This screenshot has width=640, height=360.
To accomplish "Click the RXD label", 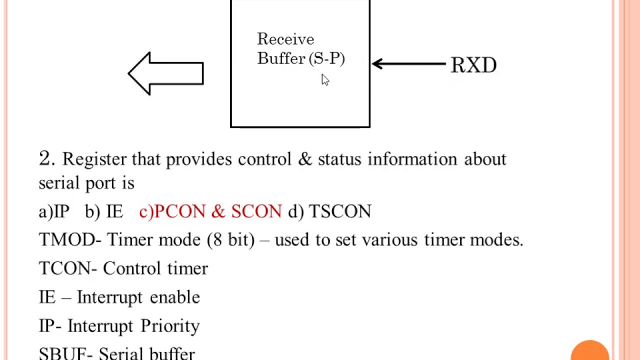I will click(x=473, y=65).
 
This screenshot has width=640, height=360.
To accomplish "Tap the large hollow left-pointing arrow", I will click(x=165, y=73).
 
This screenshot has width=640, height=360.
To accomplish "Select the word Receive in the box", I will click(x=285, y=39).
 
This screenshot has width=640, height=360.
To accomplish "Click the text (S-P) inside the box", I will click(x=327, y=59).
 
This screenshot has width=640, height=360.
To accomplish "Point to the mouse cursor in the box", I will click(x=325, y=80).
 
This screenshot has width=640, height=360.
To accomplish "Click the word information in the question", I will click(x=412, y=159).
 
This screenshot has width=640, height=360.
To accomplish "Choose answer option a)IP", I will click(x=54, y=212).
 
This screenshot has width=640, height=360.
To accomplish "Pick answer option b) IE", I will click(x=104, y=212).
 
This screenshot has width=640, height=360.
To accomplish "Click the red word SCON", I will click(x=256, y=212).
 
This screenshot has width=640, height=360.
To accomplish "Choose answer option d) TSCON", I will click(x=330, y=212).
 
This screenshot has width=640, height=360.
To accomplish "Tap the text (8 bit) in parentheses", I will click(x=230, y=240).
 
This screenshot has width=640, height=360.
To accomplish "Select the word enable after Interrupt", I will click(x=174, y=297).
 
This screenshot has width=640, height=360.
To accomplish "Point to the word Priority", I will click(x=170, y=326).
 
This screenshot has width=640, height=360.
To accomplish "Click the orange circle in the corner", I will click(x=590, y=351).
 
